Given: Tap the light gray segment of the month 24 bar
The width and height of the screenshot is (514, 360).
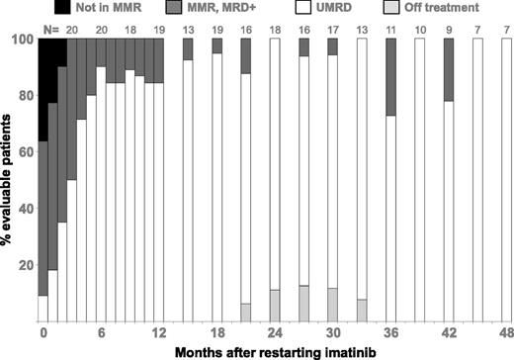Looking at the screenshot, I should pos(275,306).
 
